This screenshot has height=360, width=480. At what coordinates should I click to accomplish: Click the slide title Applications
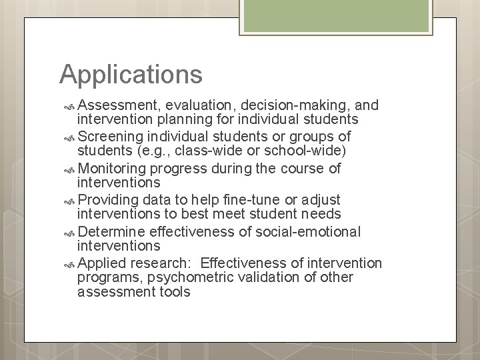(x=131, y=74)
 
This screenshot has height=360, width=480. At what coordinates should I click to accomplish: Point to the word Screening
(x=111, y=137)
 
